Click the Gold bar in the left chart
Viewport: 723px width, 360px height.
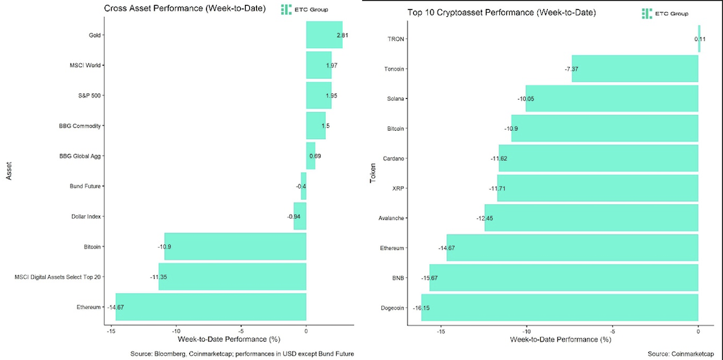(324, 35)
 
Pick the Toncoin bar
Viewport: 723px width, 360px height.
(634, 68)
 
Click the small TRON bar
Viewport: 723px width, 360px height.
(699, 39)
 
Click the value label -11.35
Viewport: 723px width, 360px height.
(158, 277)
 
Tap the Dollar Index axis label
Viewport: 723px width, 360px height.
(87, 217)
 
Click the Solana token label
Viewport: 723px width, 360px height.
(394, 99)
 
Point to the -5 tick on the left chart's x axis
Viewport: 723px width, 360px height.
(241, 330)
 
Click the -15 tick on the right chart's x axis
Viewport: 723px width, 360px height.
(441, 330)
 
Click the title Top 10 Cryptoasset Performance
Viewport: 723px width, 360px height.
(501, 13)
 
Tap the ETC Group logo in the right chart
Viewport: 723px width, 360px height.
(665, 13)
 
